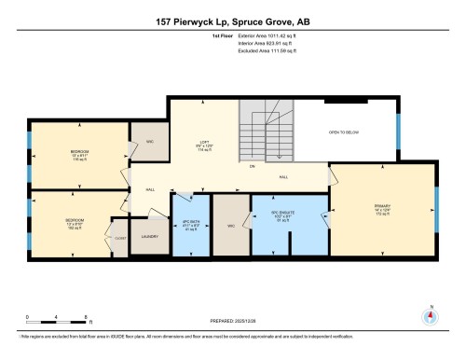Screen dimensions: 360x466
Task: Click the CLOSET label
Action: pos(119,238)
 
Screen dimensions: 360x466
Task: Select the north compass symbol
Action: pos(430,314)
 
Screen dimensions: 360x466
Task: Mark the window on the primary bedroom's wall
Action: pos(435,209)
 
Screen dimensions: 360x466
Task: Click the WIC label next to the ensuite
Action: pos(229,226)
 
